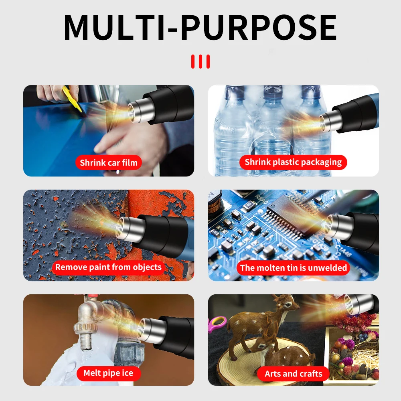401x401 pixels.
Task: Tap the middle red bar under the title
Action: pyautogui.click(x=200, y=61)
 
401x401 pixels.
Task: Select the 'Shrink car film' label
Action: pyautogui.click(x=108, y=162)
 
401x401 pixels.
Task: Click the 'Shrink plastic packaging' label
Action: pyautogui.click(x=293, y=162)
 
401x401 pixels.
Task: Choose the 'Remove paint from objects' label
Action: pyautogui.click(x=108, y=267)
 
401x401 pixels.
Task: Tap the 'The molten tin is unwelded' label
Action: pyautogui.click(x=293, y=267)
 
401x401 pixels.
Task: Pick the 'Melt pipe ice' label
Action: pyautogui.click(x=108, y=373)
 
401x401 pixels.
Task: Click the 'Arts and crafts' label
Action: pyautogui.click(x=293, y=374)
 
